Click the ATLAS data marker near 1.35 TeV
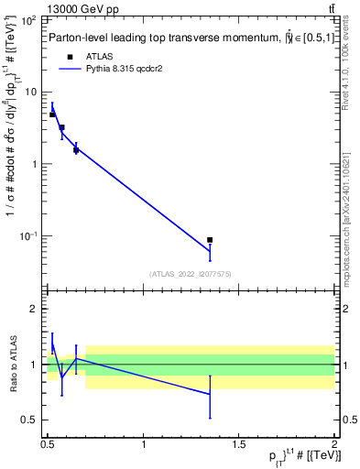pos(210,240)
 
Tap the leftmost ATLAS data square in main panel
pos(52,115)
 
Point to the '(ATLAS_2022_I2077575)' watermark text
pos(191,274)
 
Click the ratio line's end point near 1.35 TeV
pos(210,394)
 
